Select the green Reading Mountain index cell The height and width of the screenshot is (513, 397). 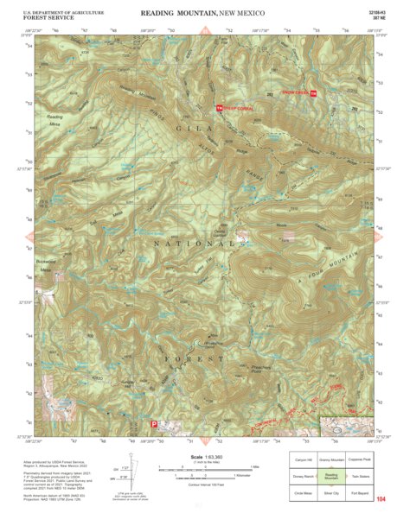coord(330,477)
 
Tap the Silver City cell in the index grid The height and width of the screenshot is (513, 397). coord(330,493)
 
